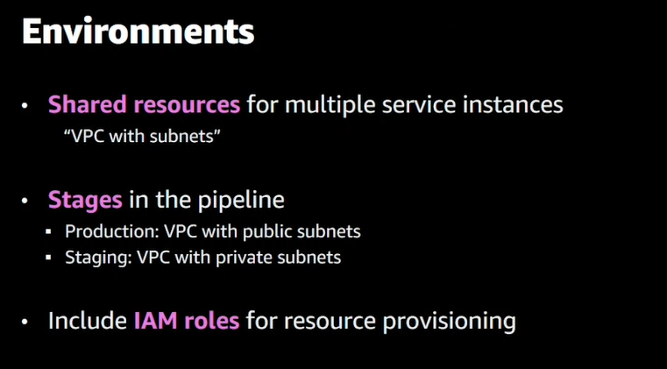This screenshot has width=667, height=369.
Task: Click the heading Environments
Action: point(138,32)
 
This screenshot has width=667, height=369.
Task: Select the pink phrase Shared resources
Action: point(144,106)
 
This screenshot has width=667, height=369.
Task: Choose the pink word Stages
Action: point(85,200)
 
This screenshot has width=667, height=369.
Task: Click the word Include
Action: point(86,321)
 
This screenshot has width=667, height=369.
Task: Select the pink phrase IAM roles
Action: point(186,321)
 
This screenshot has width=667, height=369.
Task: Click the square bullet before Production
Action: point(53,233)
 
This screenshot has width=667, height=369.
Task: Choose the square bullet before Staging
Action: point(53,259)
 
